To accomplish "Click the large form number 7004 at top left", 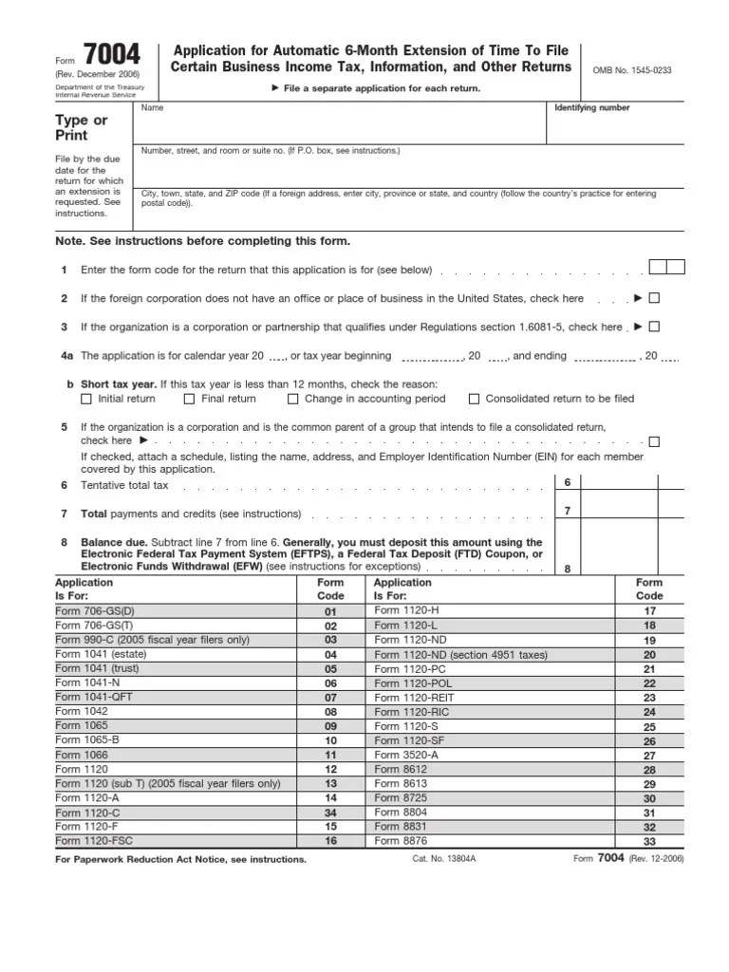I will coord(111,56).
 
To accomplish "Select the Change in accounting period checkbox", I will coord(292,400).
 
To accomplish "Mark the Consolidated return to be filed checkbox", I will coord(475,400).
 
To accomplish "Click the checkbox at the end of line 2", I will coord(654,298).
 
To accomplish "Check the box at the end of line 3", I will coord(654,327).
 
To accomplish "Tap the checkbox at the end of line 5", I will coord(654,441).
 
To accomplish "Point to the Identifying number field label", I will coord(591,108).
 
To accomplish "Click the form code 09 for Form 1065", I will coord(330,726).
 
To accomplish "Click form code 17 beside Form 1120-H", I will coord(649,612).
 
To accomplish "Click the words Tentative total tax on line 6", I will coord(124,485).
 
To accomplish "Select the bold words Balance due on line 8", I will coord(113,542).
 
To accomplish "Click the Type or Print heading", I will coord(83,127).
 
